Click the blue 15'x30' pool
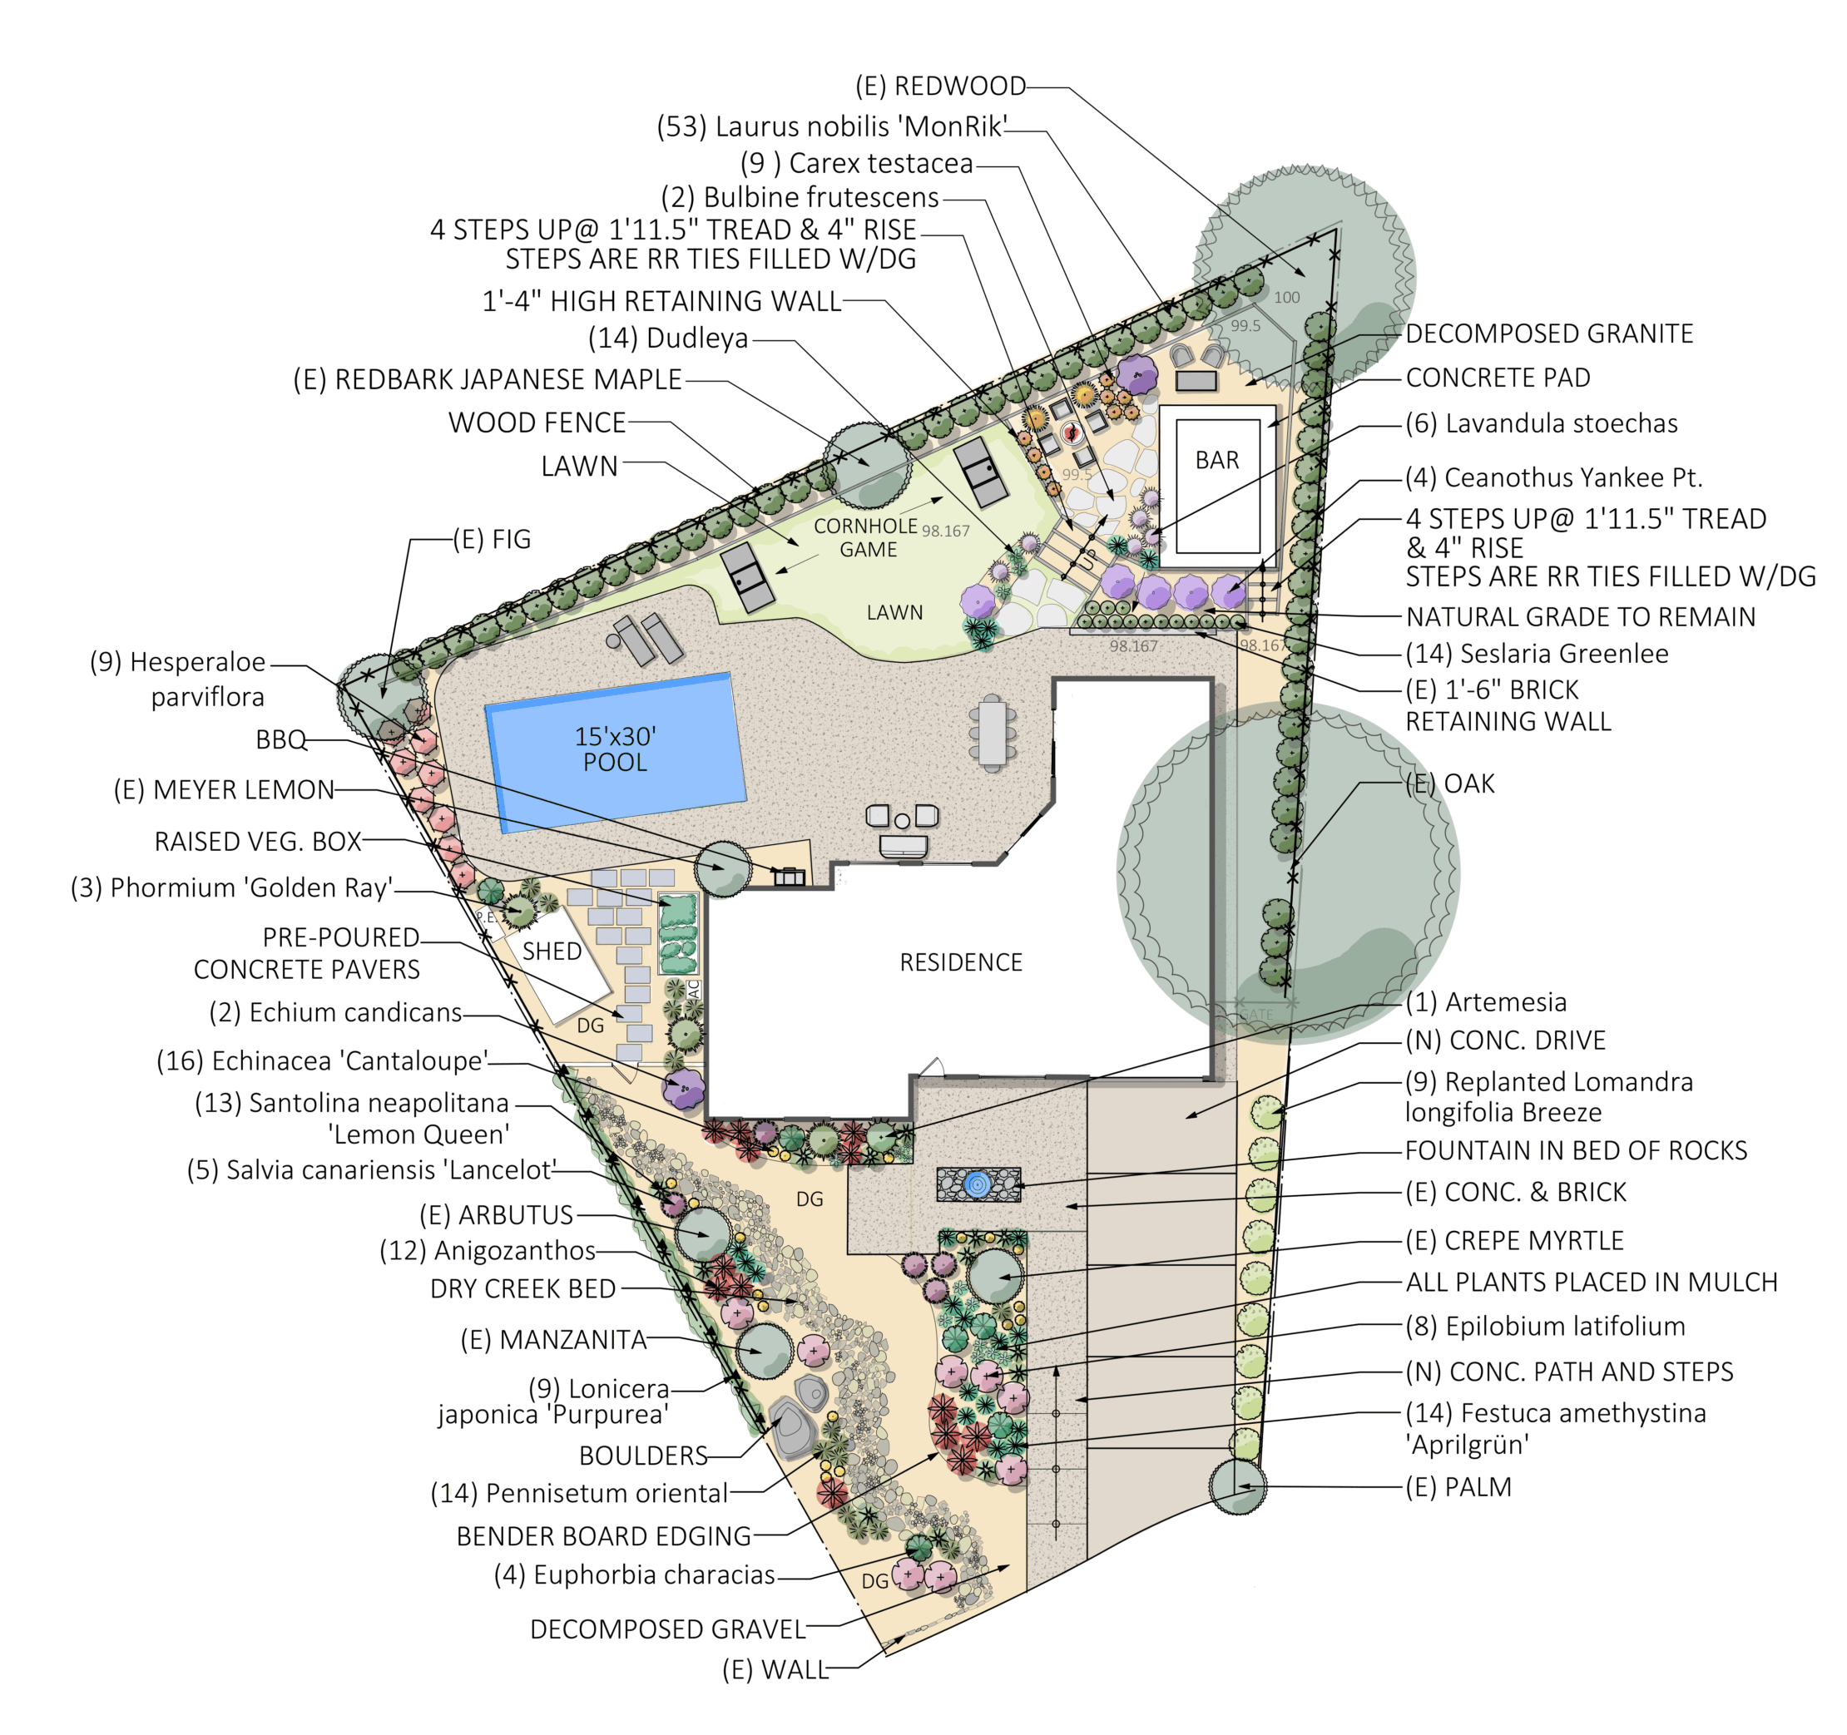tap(616, 753)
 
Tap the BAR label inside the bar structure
tap(1217, 461)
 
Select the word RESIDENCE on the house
tap(961, 962)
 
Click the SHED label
tap(552, 952)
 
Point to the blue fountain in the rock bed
tap(977, 1184)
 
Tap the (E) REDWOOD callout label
tap(940, 87)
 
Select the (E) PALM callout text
tap(1458, 1487)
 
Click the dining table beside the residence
tap(993, 734)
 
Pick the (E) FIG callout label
tap(492, 539)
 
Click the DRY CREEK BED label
tap(523, 1289)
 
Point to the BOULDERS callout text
tap(643, 1456)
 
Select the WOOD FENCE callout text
tap(537, 423)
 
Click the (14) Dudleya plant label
tap(668, 338)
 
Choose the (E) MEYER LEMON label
tap(224, 789)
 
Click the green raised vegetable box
tap(677, 932)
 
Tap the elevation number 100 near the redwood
tap(1287, 298)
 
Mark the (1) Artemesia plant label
tap(1486, 1002)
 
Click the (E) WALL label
tap(775, 1670)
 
